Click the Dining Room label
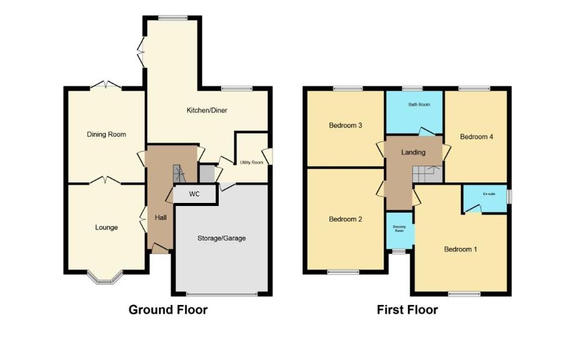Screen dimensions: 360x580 [x=106, y=134]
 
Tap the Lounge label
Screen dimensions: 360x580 [x=106, y=228]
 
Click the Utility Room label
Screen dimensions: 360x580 [x=252, y=162]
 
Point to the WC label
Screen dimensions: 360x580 [x=195, y=194]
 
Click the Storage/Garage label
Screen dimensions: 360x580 [x=222, y=238]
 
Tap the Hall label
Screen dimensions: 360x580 [x=161, y=217]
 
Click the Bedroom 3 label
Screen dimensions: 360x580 [x=346, y=126]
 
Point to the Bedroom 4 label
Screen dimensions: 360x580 [x=477, y=137]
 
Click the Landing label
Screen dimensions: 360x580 [x=414, y=152]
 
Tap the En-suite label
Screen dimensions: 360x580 [x=489, y=194]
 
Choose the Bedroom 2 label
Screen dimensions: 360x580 [x=346, y=219]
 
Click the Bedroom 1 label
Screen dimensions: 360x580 [x=460, y=249]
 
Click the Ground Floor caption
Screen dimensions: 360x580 [x=168, y=310]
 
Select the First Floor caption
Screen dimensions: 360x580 [x=407, y=310]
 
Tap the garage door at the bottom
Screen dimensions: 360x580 [x=221, y=295]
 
